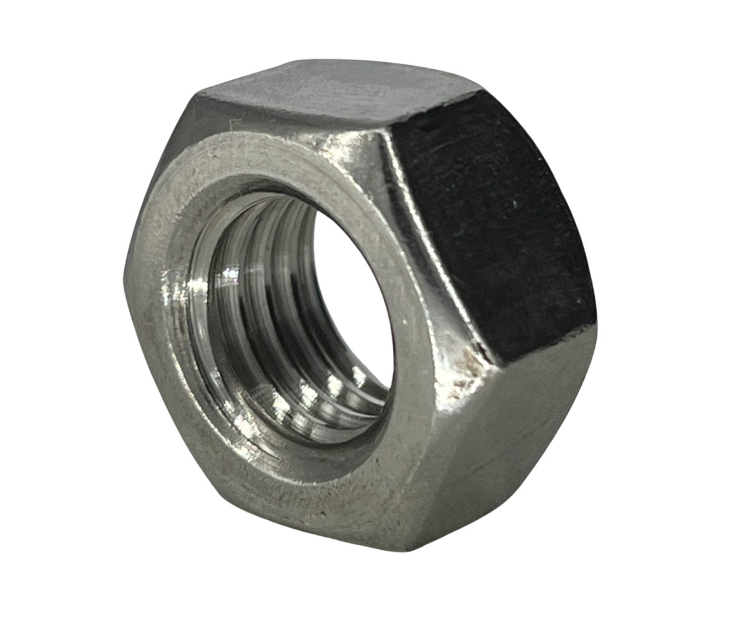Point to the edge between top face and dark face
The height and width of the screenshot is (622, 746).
[435, 112]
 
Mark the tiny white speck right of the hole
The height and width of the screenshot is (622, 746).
[405, 323]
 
